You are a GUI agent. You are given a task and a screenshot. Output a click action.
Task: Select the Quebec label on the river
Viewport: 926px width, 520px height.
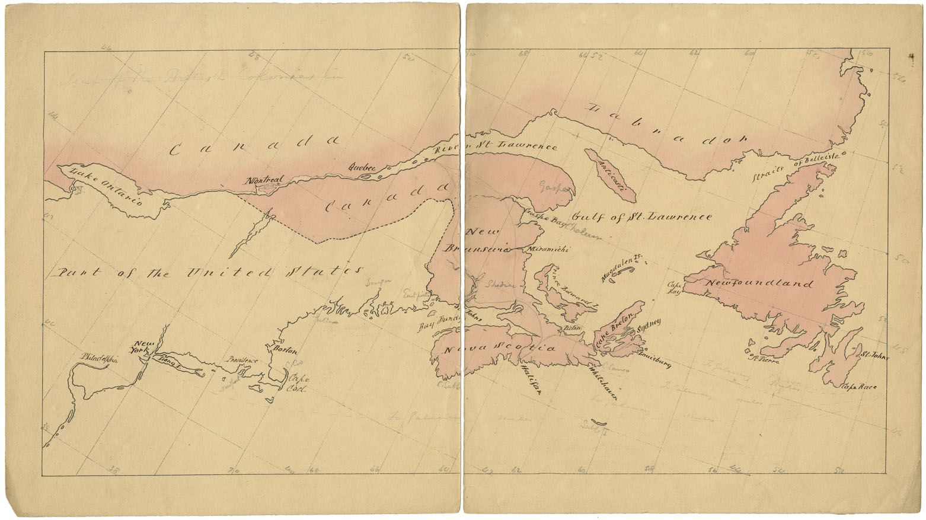363,168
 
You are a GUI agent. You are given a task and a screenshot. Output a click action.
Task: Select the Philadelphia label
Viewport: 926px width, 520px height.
98,359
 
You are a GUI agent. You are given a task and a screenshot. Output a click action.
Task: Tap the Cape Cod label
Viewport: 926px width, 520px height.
295,382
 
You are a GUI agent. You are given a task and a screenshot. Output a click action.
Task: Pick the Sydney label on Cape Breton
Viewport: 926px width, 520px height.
648,327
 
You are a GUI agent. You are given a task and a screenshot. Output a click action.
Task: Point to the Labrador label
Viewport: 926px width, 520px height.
667,123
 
